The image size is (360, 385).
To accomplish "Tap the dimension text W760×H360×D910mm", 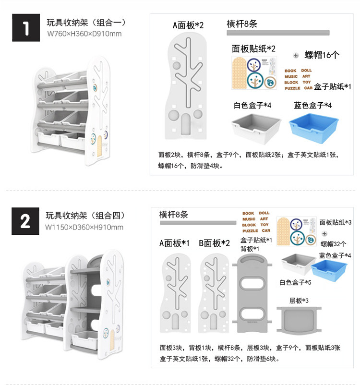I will (x=84, y=34).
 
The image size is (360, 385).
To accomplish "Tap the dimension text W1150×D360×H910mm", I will (x=84, y=227).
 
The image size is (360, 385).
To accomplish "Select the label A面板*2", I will (x=188, y=25).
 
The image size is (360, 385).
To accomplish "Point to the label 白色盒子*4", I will (x=252, y=106).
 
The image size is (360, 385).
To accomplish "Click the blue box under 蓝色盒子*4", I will (x=311, y=127).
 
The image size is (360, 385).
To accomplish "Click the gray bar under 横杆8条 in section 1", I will (x=278, y=33).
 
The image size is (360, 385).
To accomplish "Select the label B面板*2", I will (x=214, y=243).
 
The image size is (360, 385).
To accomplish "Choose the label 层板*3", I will (x=299, y=301).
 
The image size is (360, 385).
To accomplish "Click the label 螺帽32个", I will (x=333, y=244).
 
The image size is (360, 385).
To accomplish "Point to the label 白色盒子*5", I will (x=295, y=282).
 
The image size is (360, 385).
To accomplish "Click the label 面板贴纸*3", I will (x=335, y=222).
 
